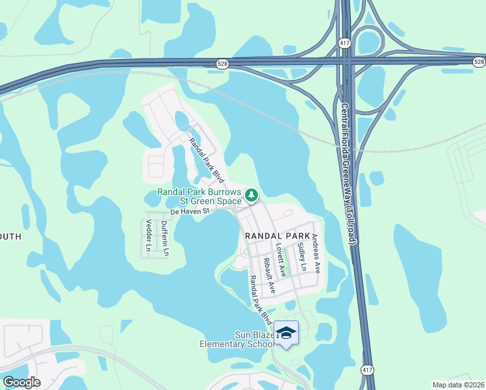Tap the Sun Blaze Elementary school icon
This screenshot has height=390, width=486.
[286, 333]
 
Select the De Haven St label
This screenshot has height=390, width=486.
[188, 211]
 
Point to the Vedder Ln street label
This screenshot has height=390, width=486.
[147, 236]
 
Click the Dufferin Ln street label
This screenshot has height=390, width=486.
[165, 238]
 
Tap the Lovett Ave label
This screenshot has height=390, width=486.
[281, 257]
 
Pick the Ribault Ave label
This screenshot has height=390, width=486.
[269, 275]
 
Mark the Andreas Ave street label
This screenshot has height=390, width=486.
[316, 253]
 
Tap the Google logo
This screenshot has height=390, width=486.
[21, 382]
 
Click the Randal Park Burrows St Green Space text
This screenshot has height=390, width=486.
[199, 197]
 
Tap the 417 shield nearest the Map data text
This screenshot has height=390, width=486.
[368, 369]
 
